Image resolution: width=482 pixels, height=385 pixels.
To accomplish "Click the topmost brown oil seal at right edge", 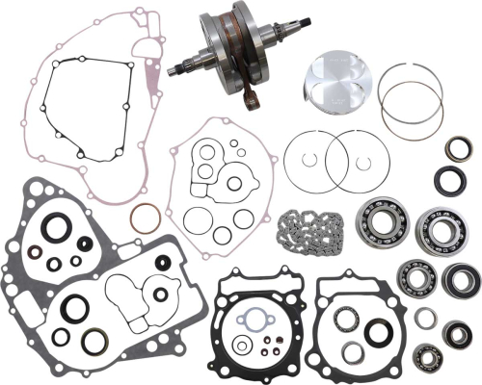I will coord(457,149).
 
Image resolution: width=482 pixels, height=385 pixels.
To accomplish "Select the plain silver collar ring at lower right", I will coord(425,316).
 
